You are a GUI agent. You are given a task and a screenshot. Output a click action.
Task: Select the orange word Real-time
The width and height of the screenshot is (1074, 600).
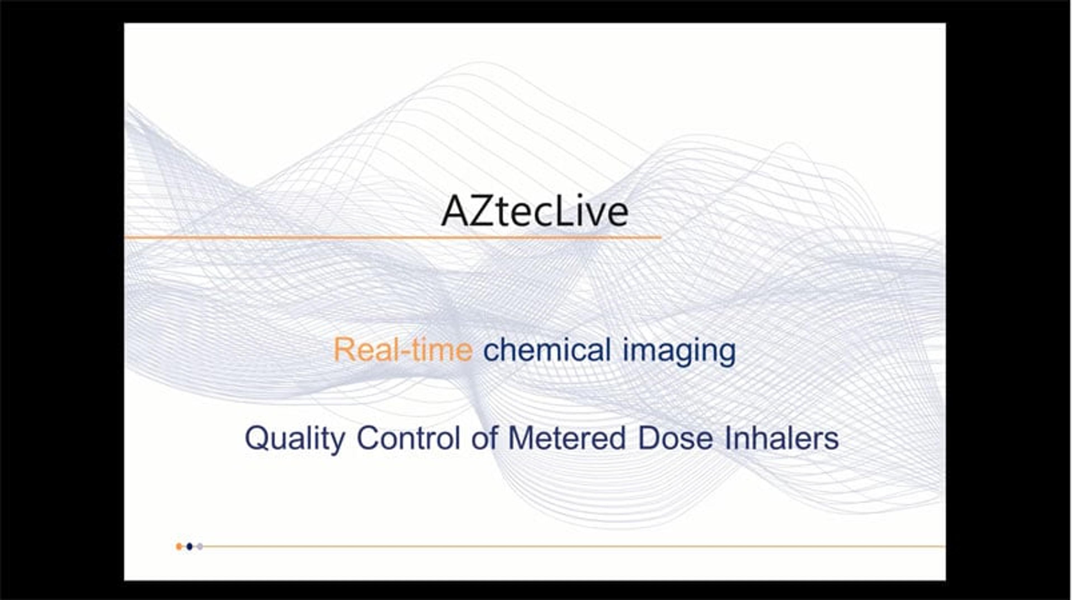click(x=403, y=350)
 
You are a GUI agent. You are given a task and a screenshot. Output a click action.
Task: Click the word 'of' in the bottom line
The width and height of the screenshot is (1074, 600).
click(x=484, y=438)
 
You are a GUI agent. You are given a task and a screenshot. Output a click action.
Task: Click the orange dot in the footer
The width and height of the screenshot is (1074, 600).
click(x=179, y=546)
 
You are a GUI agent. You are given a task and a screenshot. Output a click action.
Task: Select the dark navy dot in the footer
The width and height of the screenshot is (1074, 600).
click(x=190, y=546)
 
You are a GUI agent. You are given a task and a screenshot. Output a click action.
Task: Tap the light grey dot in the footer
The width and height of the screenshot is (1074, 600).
click(x=200, y=546)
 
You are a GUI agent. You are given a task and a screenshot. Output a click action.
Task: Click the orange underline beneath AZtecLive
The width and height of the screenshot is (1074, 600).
click(x=393, y=238)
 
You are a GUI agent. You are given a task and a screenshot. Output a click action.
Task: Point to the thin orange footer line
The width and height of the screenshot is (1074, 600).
click(x=574, y=546)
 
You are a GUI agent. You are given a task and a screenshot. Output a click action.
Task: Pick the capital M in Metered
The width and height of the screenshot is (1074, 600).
click(x=522, y=438)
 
